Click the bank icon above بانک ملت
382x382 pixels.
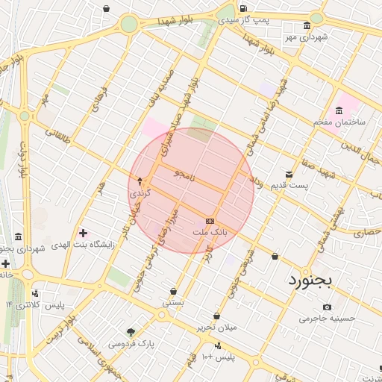(x=210, y=221)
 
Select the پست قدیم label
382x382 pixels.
(x=288, y=185)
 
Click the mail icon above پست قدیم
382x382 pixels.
(x=289, y=174)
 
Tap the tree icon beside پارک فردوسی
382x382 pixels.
(x=132, y=332)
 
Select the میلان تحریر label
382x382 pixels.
(x=216, y=328)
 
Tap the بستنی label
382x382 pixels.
(x=174, y=304)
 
